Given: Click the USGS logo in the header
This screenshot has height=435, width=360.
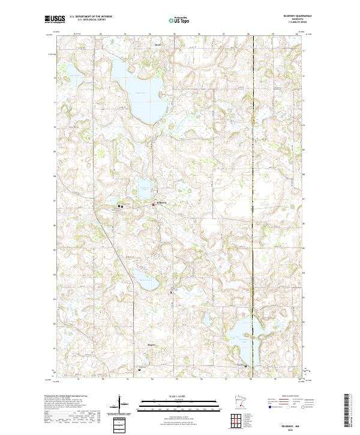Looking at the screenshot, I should [54, 20].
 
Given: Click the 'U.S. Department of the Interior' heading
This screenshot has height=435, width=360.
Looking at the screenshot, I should [90, 16].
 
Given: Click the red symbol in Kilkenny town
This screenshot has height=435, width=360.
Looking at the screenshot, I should [153, 205].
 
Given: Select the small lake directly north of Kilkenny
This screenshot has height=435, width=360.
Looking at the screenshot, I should [144, 188].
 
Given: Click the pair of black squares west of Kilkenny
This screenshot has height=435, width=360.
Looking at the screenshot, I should [120, 206].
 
